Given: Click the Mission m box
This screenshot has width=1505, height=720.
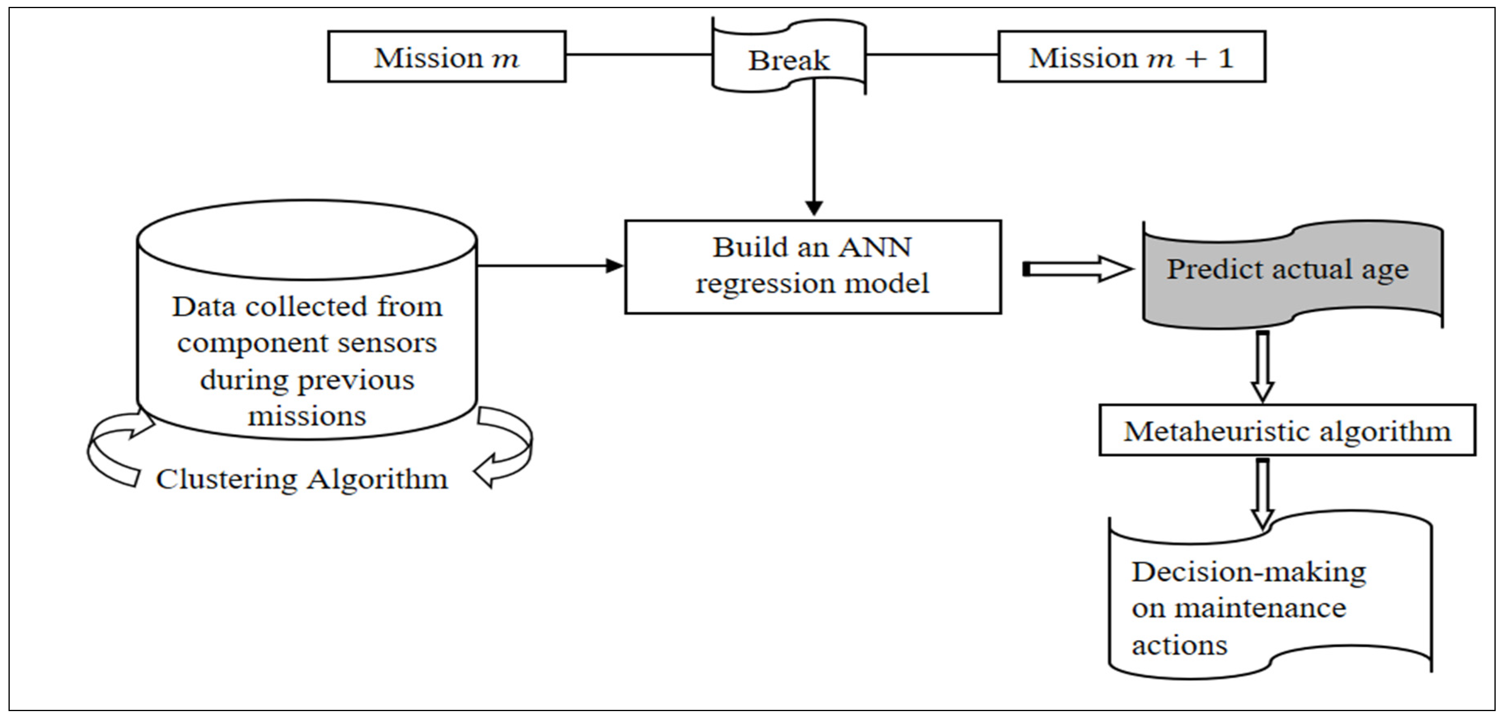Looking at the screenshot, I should pos(446,57).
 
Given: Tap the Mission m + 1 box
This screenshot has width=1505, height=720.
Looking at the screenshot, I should pos(1131,57).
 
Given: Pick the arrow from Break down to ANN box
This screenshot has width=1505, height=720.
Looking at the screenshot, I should pos(814,152).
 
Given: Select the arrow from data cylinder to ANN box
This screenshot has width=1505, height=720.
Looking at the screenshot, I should pos(549,266).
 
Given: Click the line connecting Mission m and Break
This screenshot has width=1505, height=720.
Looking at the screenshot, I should pos(638,55).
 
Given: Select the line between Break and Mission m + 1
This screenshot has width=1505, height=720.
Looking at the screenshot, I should pos(932,55).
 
